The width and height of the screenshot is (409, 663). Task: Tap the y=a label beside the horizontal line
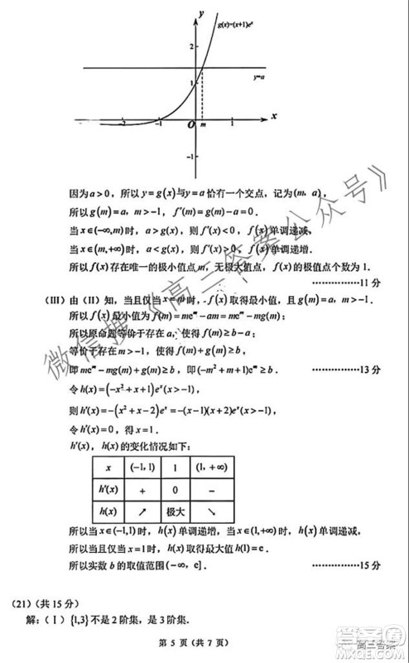258,77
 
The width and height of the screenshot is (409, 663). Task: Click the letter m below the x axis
203,124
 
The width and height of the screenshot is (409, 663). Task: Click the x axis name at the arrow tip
273,116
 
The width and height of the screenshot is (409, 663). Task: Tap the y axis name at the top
201,13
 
